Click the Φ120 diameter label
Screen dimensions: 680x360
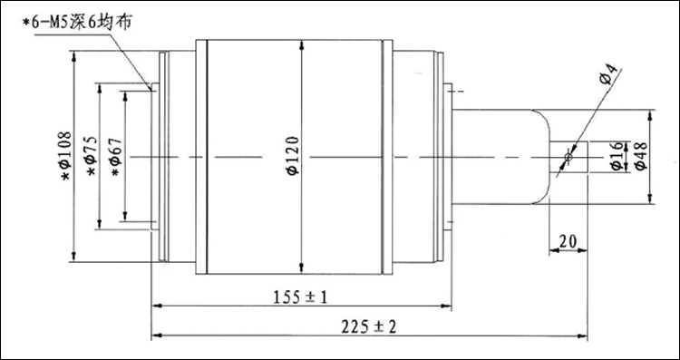[294, 156]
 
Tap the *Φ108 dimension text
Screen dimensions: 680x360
[66, 156]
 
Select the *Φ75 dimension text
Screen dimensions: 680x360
[92, 156]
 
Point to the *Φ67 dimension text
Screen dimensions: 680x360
[116, 157]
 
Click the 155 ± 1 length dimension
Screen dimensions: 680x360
[300, 297]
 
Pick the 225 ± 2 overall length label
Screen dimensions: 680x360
[369, 326]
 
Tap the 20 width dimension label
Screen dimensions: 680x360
[568, 241]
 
